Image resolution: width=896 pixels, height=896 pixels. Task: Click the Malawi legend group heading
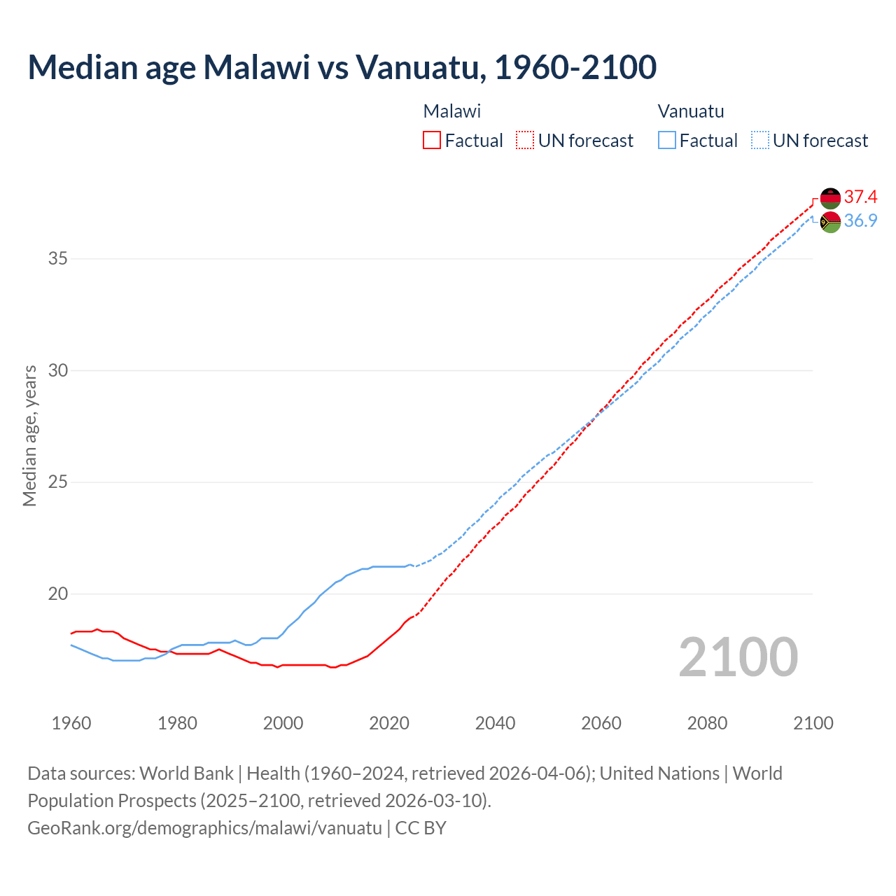coord(451,111)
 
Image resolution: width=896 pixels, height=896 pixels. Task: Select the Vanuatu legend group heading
coord(690,111)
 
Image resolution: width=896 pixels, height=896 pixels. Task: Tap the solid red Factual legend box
coord(432,141)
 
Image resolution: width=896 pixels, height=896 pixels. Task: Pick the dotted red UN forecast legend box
coord(524,141)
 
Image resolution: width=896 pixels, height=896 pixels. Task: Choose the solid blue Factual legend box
coord(666,141)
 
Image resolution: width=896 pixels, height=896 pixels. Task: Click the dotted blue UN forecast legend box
coord(759,141)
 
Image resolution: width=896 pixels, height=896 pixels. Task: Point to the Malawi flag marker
coord(830,198)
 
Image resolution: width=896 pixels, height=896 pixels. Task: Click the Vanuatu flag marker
coord(830,223)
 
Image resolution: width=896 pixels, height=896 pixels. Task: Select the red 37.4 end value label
coord(860,197)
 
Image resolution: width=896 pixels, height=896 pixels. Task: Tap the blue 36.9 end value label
coord(860,220)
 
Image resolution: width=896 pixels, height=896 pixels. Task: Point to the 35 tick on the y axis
coord(58,259)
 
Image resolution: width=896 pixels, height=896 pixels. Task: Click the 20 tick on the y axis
coord(58,594)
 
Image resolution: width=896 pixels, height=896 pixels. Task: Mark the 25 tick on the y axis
coord(58,482)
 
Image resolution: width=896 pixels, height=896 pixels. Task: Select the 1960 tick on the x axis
coord(71,723)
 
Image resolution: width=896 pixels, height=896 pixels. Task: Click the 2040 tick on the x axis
coord(495,723)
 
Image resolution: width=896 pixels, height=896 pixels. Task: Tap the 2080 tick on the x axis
coord(707,723)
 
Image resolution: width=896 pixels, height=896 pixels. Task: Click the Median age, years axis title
coord(29,435)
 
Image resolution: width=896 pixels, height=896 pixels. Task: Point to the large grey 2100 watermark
coord(738,657)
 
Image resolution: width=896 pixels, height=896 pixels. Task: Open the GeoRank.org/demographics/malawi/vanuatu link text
coord(204,828)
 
